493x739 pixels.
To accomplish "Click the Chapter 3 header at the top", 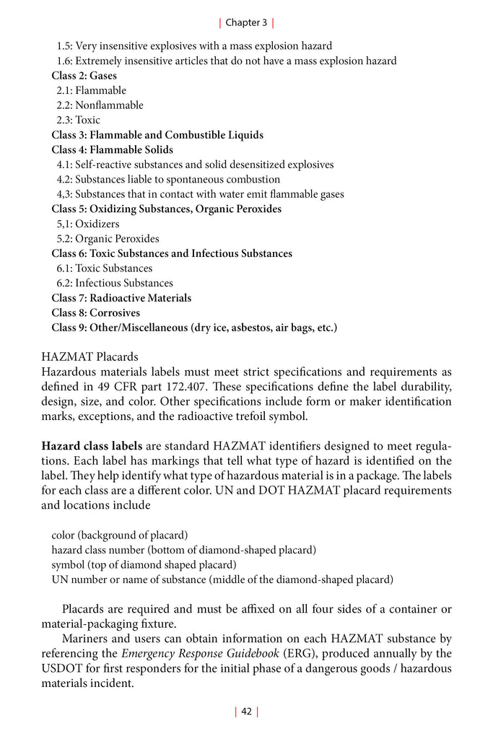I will pos(246,22).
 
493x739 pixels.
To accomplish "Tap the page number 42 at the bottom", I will pos(246,712).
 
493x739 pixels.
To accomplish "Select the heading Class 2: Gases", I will pos(84,76).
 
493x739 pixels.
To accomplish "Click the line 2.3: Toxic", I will pos(79,121).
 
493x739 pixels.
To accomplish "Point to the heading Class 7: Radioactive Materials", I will pos(121,298).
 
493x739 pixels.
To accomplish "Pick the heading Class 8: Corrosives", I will pos(96,313).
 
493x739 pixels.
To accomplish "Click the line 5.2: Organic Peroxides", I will pos(108,239).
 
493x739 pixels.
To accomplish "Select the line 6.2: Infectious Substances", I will pos(115,283).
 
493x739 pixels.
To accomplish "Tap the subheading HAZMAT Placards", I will pos(90,357).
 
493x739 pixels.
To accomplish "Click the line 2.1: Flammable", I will pos(92,91).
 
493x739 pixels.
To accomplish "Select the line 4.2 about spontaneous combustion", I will pos(168,180).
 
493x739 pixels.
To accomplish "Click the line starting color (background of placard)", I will pos(120,535).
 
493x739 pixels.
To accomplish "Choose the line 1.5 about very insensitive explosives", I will pos(194,46).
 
